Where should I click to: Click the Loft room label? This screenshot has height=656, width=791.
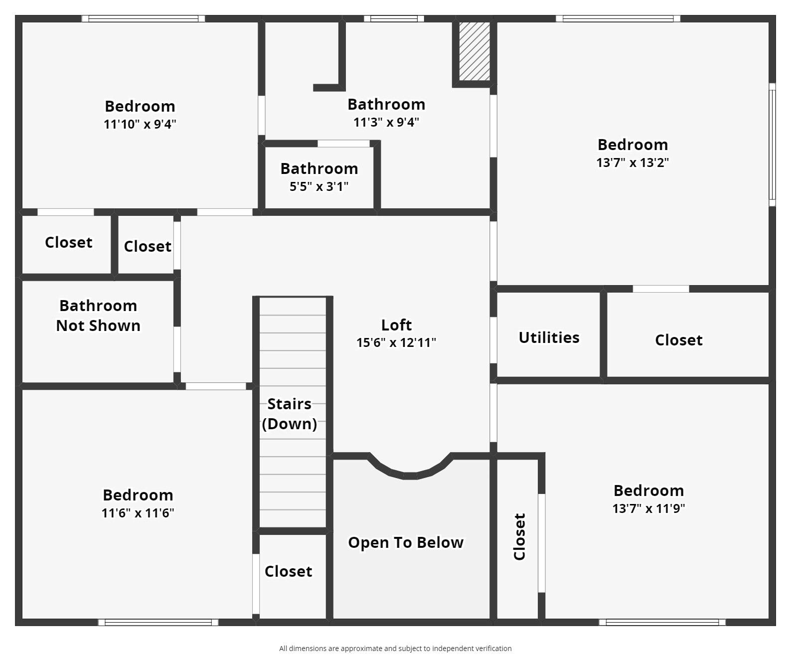(x=396, y=325)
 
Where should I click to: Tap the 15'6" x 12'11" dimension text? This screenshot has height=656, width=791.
(x=396, y=342)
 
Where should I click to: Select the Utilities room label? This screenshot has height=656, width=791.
(x=549, y=337)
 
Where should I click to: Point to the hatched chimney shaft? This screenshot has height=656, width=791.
(x=475, y=51)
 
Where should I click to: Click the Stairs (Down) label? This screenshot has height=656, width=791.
(x=290, y=414)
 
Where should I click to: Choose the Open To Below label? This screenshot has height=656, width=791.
(x=406, y=542)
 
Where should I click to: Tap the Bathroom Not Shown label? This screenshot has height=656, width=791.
(x=98, y=316)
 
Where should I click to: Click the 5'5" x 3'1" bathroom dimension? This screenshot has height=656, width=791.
(x=319, y=186)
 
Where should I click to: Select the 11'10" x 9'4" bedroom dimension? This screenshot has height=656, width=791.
(x=140, y=124)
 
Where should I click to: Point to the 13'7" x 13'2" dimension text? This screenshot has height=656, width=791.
(x=633, y=163)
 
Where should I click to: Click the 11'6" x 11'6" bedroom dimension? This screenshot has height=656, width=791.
(x=138, y=513)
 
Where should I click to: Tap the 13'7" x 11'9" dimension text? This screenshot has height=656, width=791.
(x=649, y=508)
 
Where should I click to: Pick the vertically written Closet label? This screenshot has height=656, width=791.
(x=519, y=537)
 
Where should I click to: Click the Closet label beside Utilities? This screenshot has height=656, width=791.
(x=679, y=340)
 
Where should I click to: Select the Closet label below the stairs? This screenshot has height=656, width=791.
(x=288, y=571)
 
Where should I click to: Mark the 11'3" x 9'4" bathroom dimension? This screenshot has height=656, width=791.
(x=386, y=122)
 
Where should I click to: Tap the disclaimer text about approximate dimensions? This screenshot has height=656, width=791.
(x=396, y=649)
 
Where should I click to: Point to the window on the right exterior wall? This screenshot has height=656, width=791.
(x=772, y=145)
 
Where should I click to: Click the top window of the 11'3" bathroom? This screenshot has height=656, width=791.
(x=394, y=18)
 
